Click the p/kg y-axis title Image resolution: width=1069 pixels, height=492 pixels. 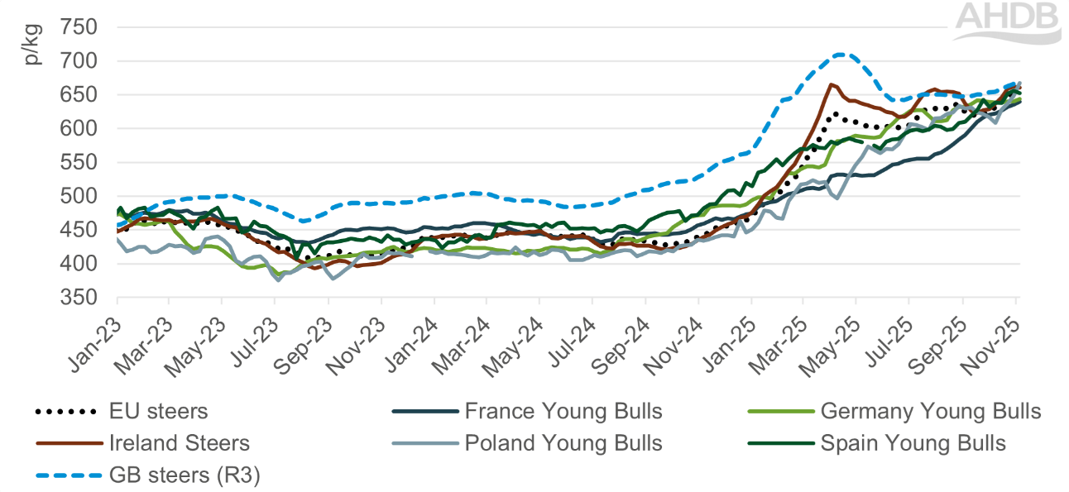(32, 48)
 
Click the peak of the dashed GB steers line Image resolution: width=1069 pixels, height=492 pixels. (841, 54)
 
